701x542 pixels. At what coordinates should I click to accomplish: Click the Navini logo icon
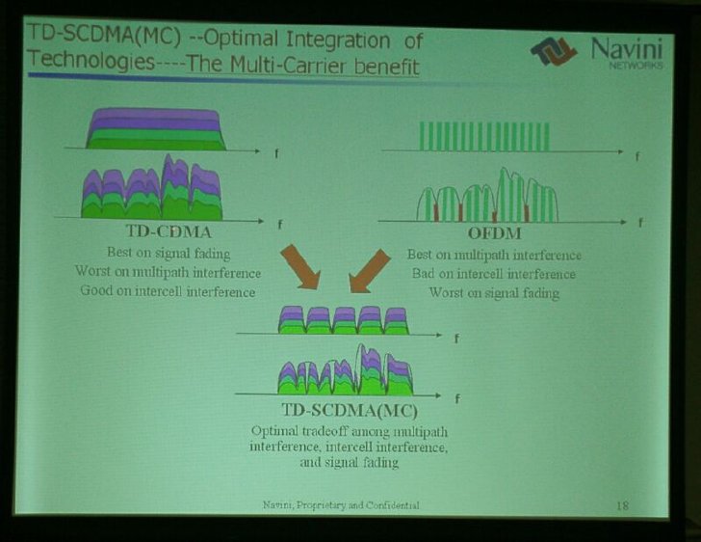554,51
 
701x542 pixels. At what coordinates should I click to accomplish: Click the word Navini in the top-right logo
626,48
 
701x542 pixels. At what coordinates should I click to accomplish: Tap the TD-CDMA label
169,231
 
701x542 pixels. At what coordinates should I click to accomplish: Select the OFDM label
495,233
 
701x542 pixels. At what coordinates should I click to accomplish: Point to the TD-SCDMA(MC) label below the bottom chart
350,410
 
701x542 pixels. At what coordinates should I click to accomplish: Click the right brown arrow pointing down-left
370,271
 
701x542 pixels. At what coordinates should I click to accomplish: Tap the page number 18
622,505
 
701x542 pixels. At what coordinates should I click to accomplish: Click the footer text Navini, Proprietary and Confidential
341,505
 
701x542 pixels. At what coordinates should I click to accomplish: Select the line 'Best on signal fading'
169,253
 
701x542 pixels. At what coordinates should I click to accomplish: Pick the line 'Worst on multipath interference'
168,272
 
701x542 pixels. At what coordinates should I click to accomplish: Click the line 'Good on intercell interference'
168,291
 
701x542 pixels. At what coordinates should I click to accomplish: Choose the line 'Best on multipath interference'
494,255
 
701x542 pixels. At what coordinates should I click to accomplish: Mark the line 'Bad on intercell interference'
494,274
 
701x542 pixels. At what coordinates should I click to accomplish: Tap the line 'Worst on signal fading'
494,293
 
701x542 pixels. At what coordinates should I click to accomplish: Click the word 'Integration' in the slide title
338,41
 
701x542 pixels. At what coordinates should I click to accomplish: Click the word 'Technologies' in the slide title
91,60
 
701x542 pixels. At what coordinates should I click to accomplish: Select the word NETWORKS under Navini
636,65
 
